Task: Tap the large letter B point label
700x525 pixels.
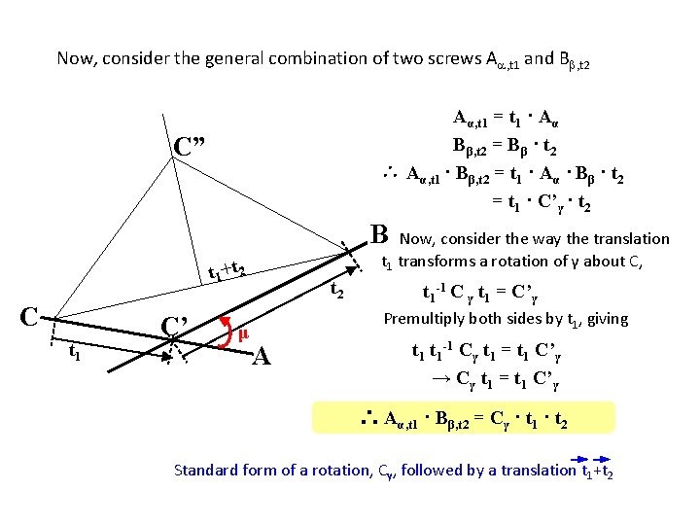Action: pos(380,234)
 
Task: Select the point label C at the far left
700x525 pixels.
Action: pos(30,316)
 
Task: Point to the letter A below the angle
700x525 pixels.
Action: pos(260,358)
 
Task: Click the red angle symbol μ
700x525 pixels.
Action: pos(244,333)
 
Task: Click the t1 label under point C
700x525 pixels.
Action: pos(74,353)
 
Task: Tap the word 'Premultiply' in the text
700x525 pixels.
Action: pos(425,318)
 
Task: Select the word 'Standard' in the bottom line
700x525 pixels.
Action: pos(205,471)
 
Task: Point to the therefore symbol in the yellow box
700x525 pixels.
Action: pos(369,419)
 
